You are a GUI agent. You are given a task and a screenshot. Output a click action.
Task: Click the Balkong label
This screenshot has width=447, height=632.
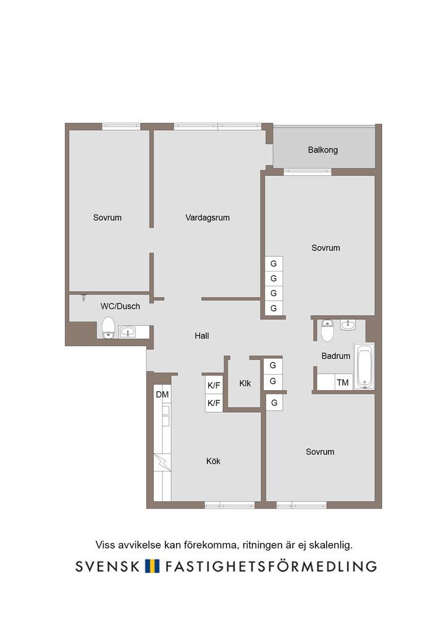click(322, 150)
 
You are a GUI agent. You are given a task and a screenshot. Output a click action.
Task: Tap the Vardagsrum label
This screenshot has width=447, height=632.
click(207, 218)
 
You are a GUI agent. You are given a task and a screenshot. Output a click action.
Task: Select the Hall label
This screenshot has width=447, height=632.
click(201, 336)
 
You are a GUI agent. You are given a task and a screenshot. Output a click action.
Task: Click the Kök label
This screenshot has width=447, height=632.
click(213, 461)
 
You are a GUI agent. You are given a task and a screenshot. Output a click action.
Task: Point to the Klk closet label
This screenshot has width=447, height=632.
click(244, 383)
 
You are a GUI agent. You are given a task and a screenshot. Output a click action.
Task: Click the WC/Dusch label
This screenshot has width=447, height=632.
click(120, 306)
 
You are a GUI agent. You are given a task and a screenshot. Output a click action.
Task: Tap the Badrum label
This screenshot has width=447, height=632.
click(335, 356)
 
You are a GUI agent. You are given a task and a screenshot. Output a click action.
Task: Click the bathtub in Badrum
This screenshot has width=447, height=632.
click(364, 367)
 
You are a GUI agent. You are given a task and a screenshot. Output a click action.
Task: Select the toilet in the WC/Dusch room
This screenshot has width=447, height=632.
click(108, 328)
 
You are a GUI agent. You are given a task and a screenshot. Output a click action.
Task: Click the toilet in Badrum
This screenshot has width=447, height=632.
click(327, 330)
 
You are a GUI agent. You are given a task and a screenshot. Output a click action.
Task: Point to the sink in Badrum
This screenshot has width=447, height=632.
click(348, 325)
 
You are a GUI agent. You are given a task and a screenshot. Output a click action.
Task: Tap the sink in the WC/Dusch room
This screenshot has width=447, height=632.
click(128, 332)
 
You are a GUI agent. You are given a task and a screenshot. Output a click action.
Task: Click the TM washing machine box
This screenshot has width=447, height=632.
click(343, 382)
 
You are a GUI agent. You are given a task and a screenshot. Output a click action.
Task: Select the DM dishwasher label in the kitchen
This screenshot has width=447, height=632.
click(162, 394)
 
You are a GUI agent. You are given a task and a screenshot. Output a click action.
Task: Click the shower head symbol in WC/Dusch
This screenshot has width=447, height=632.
click(83, 298)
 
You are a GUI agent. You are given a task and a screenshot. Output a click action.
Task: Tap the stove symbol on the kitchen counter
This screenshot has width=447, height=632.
click(162, 462)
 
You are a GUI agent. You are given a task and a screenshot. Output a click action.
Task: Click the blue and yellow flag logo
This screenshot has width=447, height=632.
click(152, 566)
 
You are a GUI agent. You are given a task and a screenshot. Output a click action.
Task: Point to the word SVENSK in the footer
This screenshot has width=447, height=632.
click(107, 567)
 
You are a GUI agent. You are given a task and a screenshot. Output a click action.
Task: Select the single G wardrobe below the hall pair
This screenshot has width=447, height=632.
click(274, 402)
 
